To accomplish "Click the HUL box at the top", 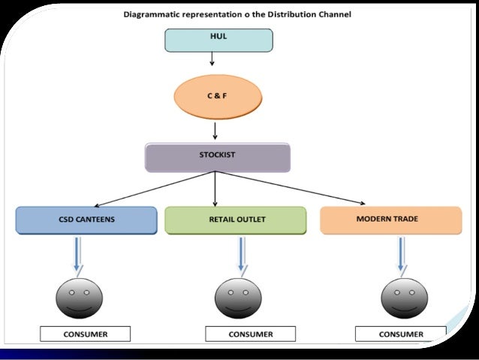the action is tap(218, 41).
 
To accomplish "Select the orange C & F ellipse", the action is tap(218, 97).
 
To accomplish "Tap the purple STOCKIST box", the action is tap(218, 158).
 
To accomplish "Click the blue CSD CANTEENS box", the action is tap(86, 220).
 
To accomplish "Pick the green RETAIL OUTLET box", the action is tap(236, 220).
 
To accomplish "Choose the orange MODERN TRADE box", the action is tap(391, 220).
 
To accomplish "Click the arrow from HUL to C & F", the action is tap(212, 59).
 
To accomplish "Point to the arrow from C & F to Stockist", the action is tap(215, 131).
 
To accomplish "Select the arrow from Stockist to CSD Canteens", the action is tap(155, 189).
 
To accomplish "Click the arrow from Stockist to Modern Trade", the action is tap(291, 187).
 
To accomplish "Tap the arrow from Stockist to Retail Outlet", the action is tap(215, 189).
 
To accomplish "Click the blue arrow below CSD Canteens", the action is tap(78, 255).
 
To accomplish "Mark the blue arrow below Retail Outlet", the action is tap(243, 255).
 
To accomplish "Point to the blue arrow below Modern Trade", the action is tap(402, 255).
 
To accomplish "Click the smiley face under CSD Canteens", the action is tap(79, 298).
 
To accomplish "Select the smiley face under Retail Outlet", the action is tap(238, 298).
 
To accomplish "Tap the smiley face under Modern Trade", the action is tap(405, 298).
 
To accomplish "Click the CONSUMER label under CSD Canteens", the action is tap(86, 334).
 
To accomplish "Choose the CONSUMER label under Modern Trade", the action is tap(401, 334).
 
